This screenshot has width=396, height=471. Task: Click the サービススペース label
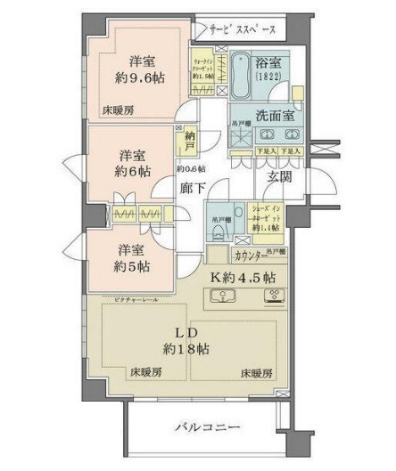click(x=236, y=30)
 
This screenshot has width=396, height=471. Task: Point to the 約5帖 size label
click(x=130, y=265)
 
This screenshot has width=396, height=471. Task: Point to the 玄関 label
click(x=279, y=178)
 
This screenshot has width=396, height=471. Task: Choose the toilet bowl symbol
click(x=219, y=230)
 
